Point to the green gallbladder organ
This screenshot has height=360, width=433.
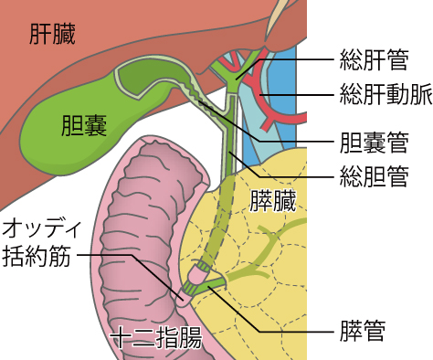[x=64, y=110]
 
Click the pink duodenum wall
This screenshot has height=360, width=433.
[x=128, y=219]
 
